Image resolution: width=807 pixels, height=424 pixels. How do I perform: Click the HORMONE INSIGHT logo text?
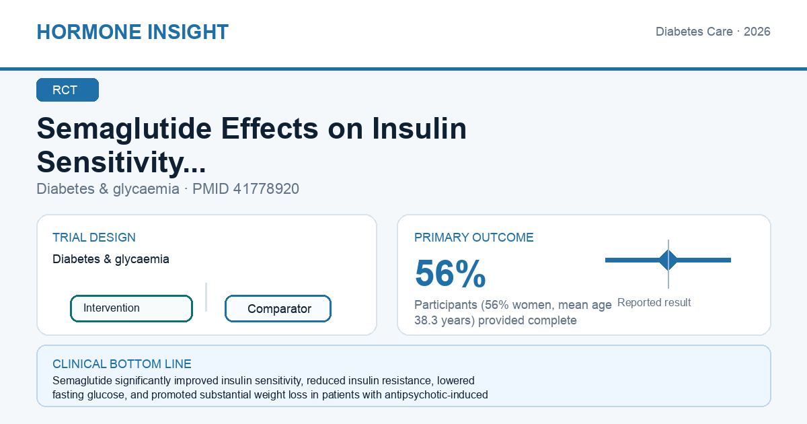132,32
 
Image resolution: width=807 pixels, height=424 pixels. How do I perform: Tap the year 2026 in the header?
757,32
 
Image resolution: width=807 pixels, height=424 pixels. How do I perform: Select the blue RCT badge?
67,90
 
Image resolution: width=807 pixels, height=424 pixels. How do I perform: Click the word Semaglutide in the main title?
124,129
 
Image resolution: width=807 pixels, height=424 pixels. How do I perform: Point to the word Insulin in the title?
419,129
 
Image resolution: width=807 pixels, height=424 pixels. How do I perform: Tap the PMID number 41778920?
266,189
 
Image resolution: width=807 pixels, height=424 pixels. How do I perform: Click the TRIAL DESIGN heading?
94,237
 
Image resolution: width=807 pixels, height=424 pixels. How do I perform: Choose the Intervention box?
131,308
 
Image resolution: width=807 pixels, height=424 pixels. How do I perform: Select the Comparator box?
278,309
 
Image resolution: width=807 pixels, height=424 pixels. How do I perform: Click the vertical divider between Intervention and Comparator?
206,297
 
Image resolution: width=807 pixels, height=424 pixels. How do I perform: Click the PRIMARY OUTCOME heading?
473,237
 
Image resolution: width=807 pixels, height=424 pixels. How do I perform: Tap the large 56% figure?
450,273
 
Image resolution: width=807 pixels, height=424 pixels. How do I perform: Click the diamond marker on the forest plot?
668,260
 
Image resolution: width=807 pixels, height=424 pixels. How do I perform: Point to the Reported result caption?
654,302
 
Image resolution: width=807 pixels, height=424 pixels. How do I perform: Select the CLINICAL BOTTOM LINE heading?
122,364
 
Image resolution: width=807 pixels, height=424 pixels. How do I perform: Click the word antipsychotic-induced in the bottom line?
436,395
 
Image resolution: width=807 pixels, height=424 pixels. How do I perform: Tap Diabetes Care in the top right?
694,32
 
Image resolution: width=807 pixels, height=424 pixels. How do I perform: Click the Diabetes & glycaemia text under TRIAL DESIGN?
110,259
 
